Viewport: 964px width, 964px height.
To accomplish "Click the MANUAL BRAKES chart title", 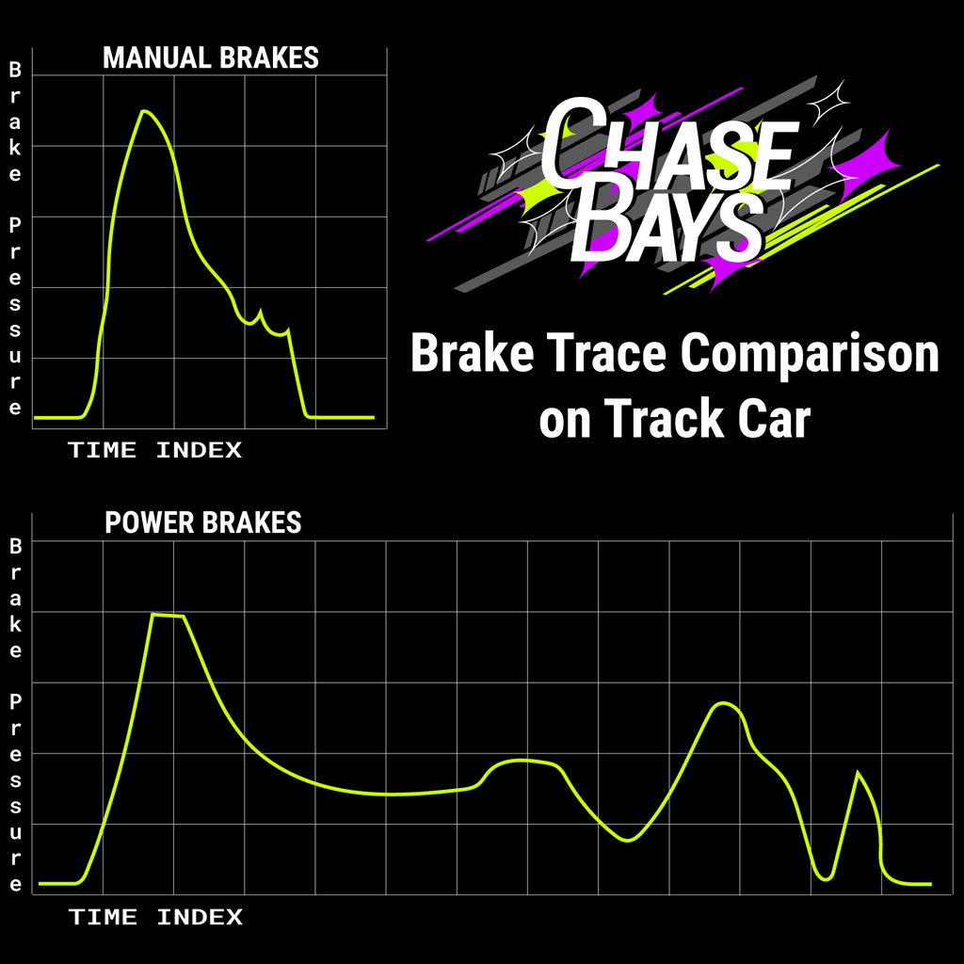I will (x=210, y=57).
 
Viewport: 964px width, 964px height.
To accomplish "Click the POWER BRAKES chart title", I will (x=202, y=522).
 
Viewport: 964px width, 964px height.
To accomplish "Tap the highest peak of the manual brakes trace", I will (x=143, y=111).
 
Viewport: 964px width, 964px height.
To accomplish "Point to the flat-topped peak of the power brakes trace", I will (x=168, y=616).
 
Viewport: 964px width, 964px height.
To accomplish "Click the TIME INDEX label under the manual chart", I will (x=154, y=450).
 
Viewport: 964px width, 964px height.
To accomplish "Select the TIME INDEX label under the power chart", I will (x=155, y=917).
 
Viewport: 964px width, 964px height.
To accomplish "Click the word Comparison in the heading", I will (x=811, y=355).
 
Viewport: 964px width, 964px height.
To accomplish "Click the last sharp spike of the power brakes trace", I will (x=858, y=772).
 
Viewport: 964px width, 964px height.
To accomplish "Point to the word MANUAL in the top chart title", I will (x=156, y=57).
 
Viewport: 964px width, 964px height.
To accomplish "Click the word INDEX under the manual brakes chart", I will (x=199, y=450).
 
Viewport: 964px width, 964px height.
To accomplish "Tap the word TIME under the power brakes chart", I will (x=104, y=917).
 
